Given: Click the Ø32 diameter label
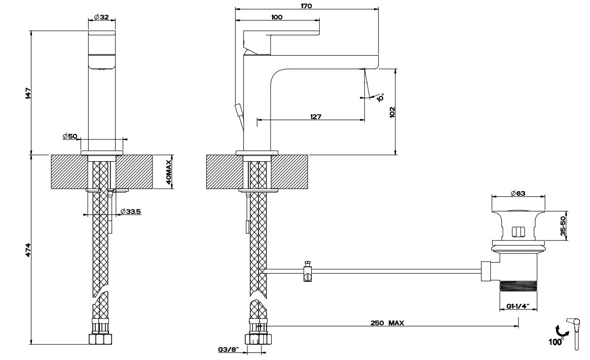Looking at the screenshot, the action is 101,17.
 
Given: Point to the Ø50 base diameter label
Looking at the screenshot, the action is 70,136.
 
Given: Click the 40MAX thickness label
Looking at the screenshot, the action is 169,172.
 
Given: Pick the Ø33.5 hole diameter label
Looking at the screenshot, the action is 131,211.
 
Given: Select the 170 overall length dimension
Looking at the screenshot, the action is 307,6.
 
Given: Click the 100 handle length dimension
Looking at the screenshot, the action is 277,17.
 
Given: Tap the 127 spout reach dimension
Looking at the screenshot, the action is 316,117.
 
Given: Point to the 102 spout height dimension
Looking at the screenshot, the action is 392,112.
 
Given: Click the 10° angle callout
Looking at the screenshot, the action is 380,97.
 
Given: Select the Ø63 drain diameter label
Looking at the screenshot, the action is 518,193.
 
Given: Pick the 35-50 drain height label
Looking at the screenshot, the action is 563,226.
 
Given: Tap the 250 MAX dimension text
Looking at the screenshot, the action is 387,322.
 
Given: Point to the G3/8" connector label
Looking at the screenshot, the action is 229,349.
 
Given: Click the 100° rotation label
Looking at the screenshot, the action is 556,342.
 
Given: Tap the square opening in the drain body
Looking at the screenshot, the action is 519,232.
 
